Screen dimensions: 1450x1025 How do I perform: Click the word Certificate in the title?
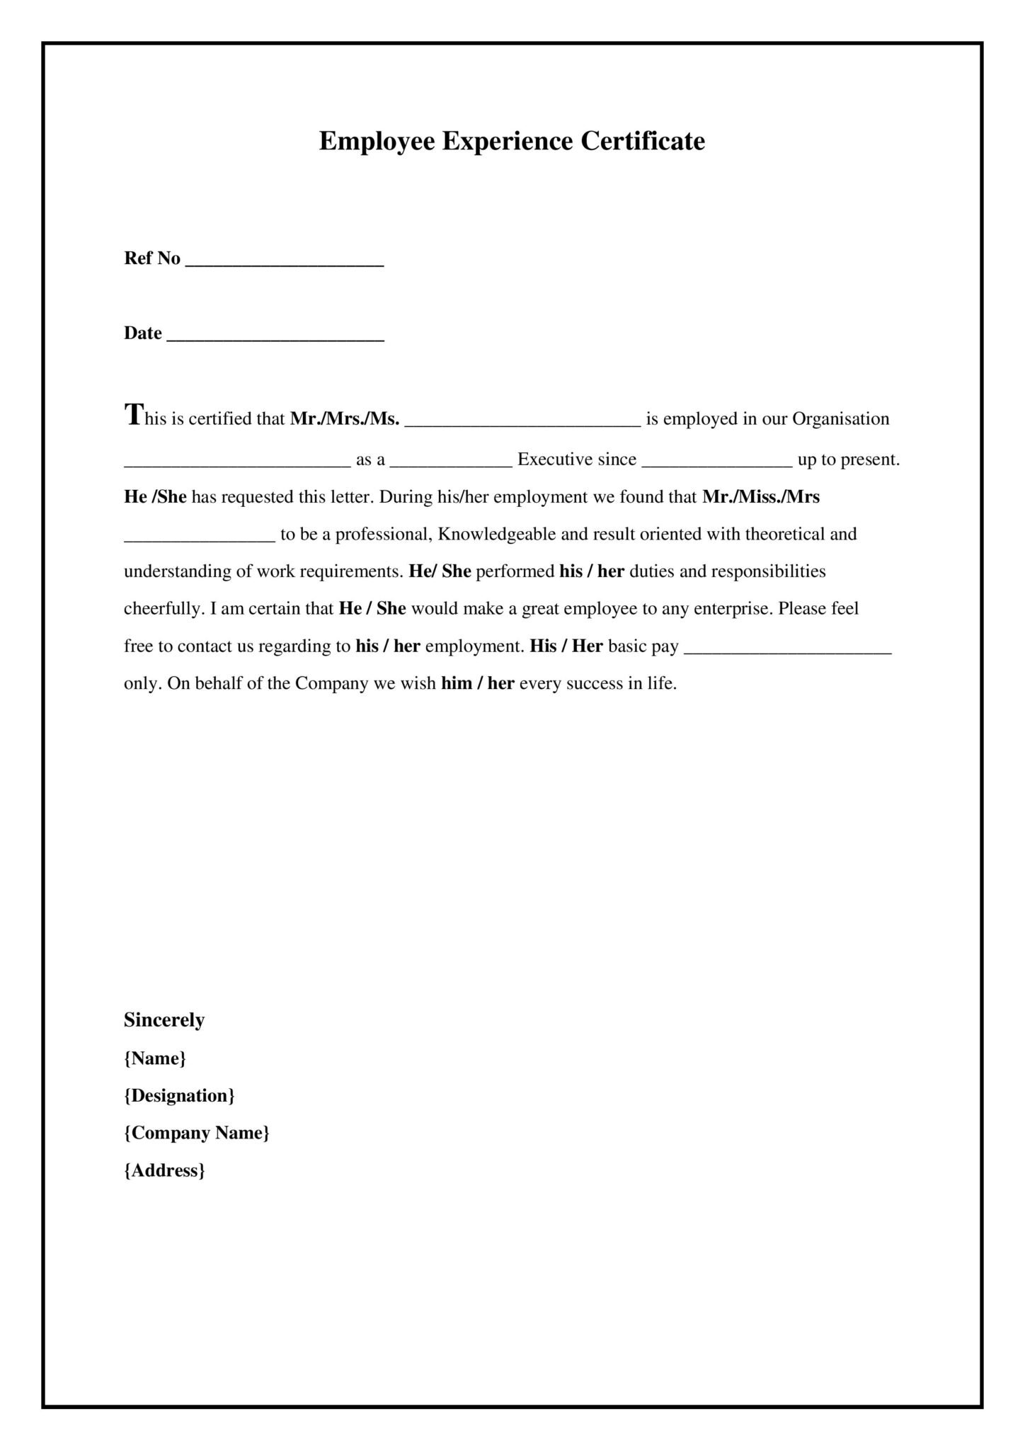click(x=643, y=141)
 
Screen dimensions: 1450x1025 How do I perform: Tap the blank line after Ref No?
click(x=285, y=263)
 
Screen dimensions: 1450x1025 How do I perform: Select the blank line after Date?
click(x=275, y=338)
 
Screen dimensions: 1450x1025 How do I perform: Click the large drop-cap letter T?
click(x=133, y=414)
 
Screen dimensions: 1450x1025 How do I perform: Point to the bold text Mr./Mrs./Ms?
click(x=345, y=418)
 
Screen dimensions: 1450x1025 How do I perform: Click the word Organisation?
click(x=840, y=418)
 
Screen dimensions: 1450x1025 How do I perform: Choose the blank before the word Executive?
click(x=451, y=464)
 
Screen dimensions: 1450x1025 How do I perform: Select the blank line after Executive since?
click(x=716, y=464)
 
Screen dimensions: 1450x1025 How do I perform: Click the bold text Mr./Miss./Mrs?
click(x=761, y=497)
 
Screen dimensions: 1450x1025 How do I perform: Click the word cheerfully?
click(x=164, y=609)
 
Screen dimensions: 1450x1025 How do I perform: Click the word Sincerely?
click(x=164, y=1020)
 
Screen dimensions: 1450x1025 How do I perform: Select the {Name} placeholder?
click(x=155, y=1058)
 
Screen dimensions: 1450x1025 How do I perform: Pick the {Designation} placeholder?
click(x=179, y=1096)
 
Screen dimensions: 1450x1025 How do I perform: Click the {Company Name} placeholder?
click(x=197, y=1134)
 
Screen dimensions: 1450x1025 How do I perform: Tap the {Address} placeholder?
click(x=164, y=1171)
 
